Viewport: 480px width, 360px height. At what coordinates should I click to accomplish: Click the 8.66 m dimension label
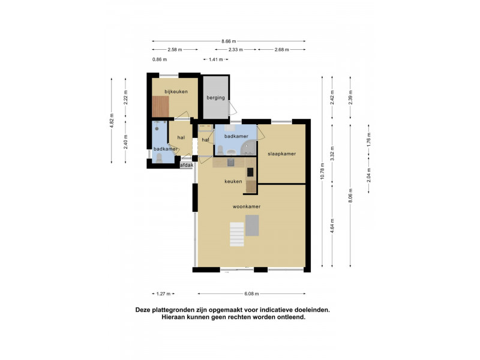pyautogui.click(x=229, y=41)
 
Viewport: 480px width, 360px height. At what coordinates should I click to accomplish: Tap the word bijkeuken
pyautogui.click(x=176, y=92)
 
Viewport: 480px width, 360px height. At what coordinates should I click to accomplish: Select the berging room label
pyautogui.click(x=215, y=98)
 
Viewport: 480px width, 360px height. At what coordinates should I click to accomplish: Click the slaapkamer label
pyautogui.click(x=281, y=154)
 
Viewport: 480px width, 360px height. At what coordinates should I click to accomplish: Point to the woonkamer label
pyautogui.click(x=247, y=206)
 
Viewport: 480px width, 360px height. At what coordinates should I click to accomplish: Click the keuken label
pyautogui.click(x=233, y=182)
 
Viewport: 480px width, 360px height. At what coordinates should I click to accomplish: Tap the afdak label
pyautogui.click(x=187, y=166)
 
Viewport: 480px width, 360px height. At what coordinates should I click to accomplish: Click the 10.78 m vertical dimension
pyautogui.click(x=322, y=172)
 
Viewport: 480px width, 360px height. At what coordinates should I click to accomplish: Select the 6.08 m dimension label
pyautogui.click(x=251, y=294)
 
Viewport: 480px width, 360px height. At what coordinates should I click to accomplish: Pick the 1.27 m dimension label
pyautogui.click(x=163, y=294)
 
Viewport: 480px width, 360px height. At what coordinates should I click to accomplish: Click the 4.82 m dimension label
pyautogui.click(x=112, y=121)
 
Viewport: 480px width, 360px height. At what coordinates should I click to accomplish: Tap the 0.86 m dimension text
pyautogui.click(x=160, y=59)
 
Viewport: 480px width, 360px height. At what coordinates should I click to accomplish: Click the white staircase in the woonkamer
pyautogui.click(x=237, y=235)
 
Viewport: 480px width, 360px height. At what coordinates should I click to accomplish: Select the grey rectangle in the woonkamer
pyautogui.click(x=252, y=226)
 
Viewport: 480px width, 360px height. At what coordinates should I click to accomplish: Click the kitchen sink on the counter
pyautogui.click(x=230, y=163)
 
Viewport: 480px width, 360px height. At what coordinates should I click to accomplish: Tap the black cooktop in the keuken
pyautogui.click(x=250, y=172)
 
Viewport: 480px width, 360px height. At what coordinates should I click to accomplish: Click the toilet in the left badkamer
pyautogui.click(x=159, y=158)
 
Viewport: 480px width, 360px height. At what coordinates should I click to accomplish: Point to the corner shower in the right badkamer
pyautogui.click(x=248, y=148)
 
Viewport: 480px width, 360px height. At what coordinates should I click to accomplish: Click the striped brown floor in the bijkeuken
pyautogui.click(x=161, y=107)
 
